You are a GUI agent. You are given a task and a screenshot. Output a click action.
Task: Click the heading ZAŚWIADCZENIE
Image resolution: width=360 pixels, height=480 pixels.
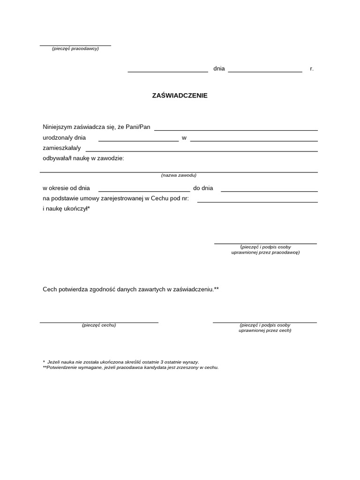click(x=180, y=96)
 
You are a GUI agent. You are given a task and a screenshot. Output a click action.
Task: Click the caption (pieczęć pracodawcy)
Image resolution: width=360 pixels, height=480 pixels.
click(x=75, y=49)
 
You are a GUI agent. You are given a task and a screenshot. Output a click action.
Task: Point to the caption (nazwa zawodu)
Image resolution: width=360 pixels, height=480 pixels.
click(x=179, y=175)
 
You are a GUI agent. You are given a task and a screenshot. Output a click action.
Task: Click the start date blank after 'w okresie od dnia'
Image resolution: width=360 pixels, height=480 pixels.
click(x=143, y=189)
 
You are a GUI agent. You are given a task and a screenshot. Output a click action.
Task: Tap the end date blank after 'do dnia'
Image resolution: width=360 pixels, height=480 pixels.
click(x=269, y=189)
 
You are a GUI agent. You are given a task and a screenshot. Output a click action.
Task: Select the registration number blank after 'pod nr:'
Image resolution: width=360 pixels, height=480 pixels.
click(x=257, y=200)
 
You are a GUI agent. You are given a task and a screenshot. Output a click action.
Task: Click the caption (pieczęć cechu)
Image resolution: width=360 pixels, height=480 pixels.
click(x=99, y=325)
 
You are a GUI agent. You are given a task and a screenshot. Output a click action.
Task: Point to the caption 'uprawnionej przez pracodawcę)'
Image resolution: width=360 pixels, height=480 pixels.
click(x=265, y=252)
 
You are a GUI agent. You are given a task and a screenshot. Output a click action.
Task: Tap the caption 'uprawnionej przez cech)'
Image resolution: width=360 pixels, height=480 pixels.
click(x=265, y=330)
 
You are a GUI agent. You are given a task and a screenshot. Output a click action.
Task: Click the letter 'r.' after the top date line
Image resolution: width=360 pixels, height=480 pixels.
click(x=312, y=69)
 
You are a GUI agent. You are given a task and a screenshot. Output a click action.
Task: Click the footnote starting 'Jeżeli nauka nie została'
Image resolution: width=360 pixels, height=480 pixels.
click(x=122, y=362)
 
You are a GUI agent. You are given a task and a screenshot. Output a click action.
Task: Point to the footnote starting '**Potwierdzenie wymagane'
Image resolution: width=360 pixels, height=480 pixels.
click(x=130, y=367)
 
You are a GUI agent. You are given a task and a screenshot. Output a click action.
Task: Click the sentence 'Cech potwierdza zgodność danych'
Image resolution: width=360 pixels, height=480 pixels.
click(x=131, y=290)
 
